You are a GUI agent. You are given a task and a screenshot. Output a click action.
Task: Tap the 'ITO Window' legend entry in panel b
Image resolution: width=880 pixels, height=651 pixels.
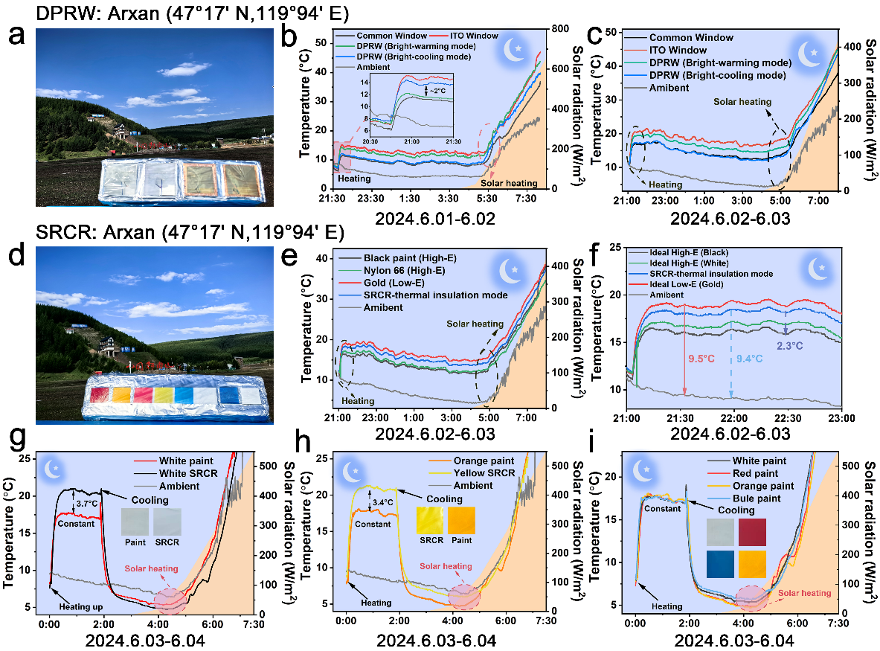click(475, 36)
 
